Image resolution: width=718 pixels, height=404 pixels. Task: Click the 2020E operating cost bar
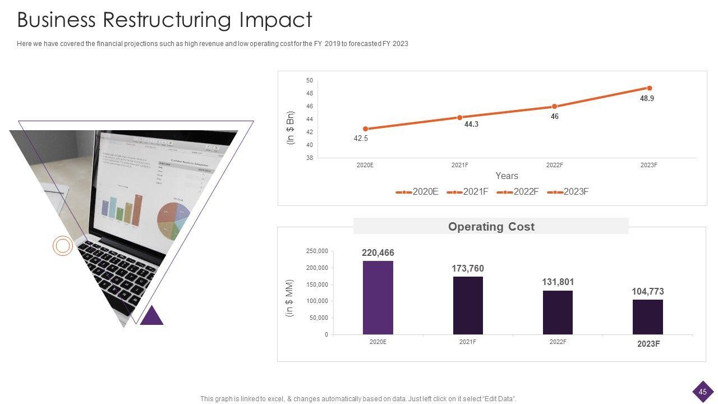tap(378, 297)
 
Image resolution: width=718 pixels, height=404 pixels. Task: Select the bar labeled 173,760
tap(468, 305)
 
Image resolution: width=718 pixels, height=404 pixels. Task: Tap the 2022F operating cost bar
tap(558, 312)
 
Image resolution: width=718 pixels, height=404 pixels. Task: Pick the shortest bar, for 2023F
tap(648, 317)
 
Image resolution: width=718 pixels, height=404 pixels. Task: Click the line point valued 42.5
tap(366, 129)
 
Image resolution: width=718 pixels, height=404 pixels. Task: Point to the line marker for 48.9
tap(650, 88)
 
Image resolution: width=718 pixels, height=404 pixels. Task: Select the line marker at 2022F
tap(554, 107)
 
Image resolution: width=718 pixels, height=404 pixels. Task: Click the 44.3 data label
tap(471, 125)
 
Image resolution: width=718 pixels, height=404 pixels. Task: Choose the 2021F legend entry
tap(468, 192)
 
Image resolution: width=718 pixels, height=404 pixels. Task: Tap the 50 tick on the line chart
tap(310, 81)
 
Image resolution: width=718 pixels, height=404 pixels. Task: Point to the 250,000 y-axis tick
tap(317, 251)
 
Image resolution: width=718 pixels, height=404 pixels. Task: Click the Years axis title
tap(507, 176)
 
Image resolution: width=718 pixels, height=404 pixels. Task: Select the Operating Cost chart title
tap(491, 227)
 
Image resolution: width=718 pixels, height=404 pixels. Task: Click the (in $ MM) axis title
tap(289, 298)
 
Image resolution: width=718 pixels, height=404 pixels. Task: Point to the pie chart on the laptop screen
tap(173, 218)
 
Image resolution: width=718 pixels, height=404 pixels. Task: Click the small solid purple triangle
tap(151, 316)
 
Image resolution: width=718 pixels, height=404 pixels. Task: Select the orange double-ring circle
tap(63, 246)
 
